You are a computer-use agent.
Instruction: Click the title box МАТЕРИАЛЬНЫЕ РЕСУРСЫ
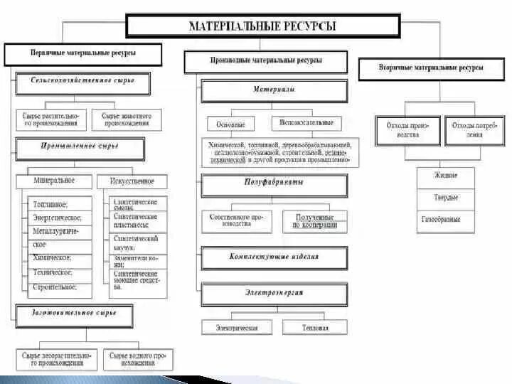(x=262, y=27)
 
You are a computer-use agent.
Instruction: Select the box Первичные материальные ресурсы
(x=83, y=54)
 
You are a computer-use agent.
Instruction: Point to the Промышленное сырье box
(x=80, y=149)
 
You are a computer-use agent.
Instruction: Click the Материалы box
(x=274, y=92)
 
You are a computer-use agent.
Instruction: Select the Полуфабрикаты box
(x=274, y=185)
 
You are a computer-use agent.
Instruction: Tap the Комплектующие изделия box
(x=274, y=257)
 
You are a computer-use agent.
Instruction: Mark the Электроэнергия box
(x=274, y=294)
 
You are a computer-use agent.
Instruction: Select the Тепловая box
(x=315, y=329)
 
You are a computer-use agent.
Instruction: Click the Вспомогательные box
(x=306, y=124)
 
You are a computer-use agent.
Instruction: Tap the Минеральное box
(x=53, y=181)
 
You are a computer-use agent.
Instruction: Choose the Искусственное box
(x=131, y=181)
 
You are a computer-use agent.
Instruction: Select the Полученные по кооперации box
(x=315, y=221)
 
